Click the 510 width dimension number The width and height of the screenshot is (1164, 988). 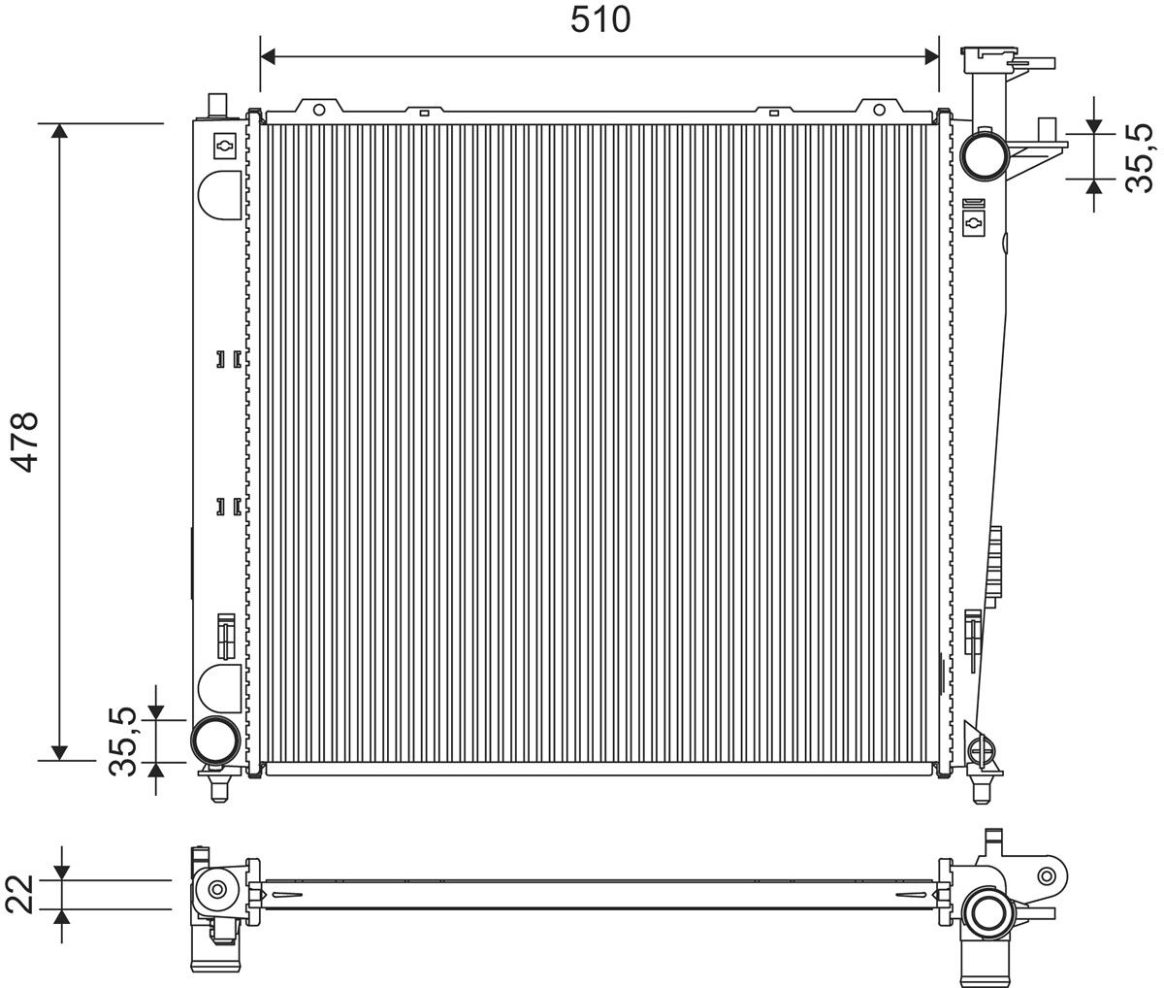click(600, 18)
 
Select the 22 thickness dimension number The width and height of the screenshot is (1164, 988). click(22, 895)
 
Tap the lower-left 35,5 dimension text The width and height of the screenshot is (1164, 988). click(124, 741)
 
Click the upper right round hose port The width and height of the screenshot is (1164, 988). click(983, 152)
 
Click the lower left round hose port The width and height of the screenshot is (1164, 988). click(214, 741)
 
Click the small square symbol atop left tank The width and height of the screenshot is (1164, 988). click(224, 145)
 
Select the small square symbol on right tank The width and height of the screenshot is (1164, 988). click(974, 223)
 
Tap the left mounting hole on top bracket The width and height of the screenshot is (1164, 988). click(322, 109)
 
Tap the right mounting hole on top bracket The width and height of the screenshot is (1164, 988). click(879, 109)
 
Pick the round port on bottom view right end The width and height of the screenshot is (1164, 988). click(986, 912)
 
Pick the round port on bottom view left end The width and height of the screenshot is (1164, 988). click(215, 889)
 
